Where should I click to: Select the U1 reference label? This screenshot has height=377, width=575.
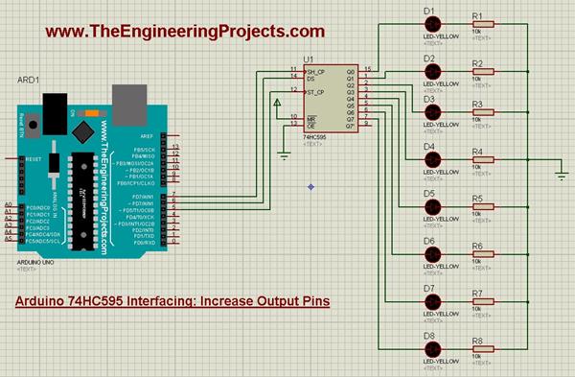pos(308,59)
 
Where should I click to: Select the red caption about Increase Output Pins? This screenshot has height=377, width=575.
pos(173,301)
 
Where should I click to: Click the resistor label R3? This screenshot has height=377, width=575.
pos(477,100)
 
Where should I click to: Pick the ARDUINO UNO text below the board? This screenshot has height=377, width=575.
pos(33,261)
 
